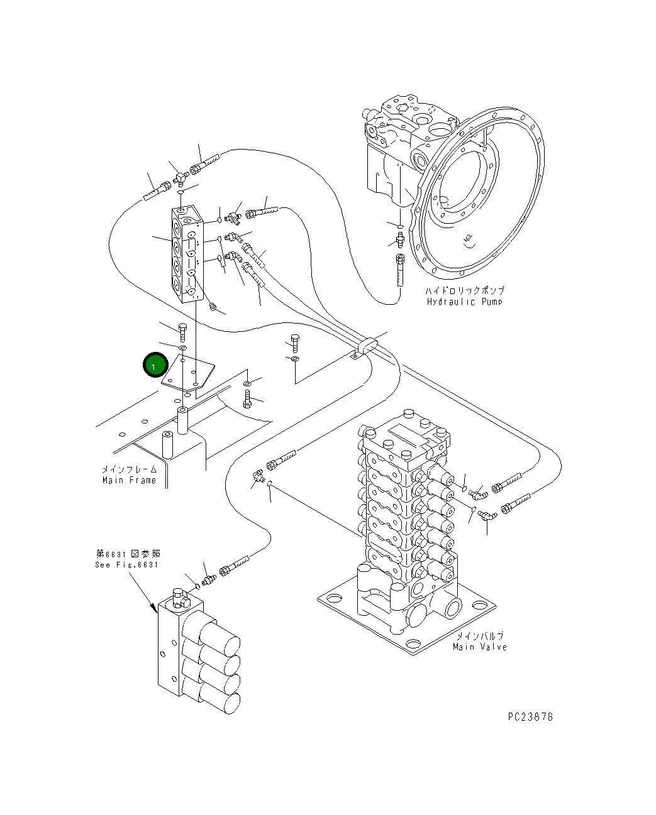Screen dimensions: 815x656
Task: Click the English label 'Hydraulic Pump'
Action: point(464,302)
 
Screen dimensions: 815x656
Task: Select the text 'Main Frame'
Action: point(129,480)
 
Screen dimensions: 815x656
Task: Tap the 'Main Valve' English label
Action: point(479,647)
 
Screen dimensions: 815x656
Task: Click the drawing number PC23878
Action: point(530,716)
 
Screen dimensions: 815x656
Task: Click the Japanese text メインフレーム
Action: point(129,469)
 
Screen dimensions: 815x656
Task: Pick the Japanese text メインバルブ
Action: point(479,636)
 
